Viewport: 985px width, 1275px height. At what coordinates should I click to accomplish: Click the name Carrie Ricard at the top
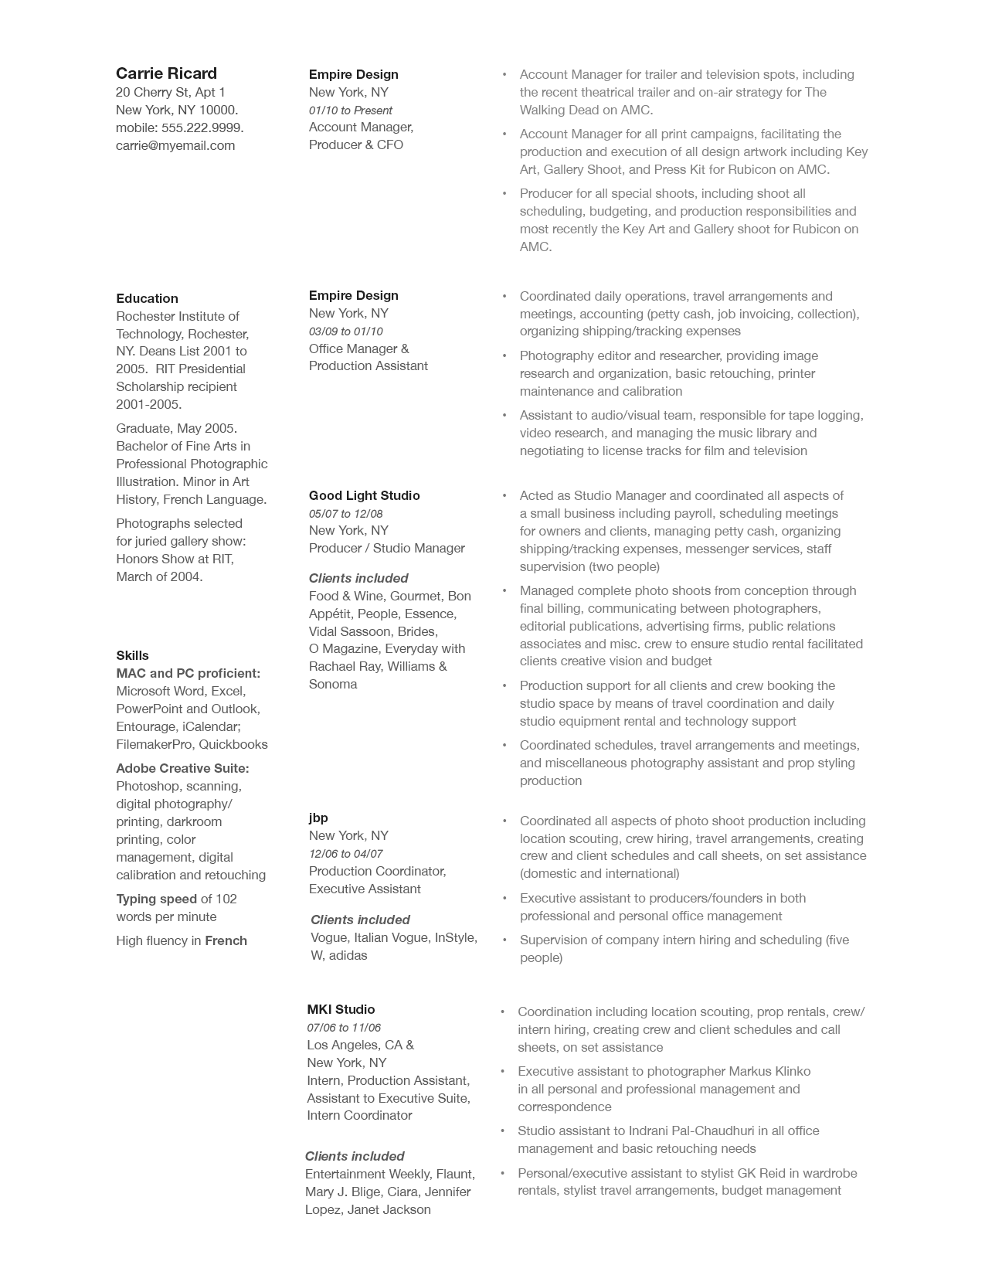pos(166,73)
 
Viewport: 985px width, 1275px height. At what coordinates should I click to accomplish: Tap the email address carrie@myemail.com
pos(175,145)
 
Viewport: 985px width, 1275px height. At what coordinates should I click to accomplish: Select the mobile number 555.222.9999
pos(202,127)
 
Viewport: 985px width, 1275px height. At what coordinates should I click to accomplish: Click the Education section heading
pos(147,298)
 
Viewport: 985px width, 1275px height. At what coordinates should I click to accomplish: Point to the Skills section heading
pos(132,655)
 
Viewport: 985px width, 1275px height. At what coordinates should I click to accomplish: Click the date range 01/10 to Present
pos(350,110)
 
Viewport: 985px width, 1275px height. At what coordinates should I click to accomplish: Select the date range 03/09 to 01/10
pos(345,331)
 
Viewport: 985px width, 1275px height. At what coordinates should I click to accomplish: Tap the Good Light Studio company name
pos(364,495)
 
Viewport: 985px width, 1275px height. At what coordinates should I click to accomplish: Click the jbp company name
pos(318,818)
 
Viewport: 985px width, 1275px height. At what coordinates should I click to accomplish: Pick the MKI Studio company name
pos(341,1009)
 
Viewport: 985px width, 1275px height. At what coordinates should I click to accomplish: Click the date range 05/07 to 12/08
pos(345,514)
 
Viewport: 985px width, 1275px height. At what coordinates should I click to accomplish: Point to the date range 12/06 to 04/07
pos(345,854)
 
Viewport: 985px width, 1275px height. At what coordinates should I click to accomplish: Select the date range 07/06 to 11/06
pos(344,1028)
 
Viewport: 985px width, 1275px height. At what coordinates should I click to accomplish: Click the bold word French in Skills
pos(226,940)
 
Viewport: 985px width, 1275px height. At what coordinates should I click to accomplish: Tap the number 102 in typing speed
pos(226,899)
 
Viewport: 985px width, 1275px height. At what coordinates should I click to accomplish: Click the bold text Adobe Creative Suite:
pos(182,768)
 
